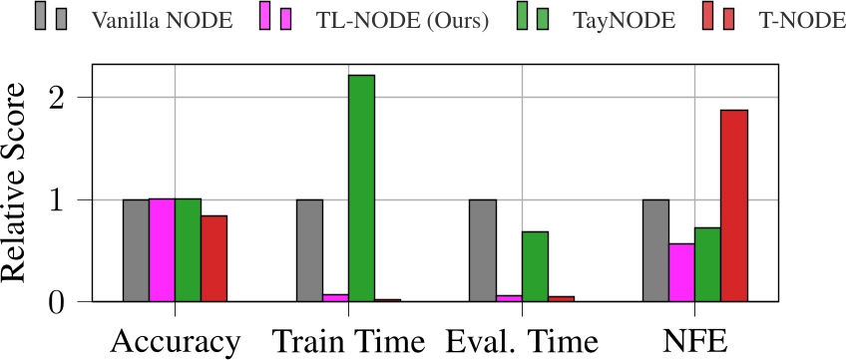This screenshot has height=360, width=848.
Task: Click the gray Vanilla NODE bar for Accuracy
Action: (136, 250)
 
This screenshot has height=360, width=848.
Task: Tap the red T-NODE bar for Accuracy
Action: (213, 258)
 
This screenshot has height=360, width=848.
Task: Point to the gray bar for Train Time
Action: (309, 250)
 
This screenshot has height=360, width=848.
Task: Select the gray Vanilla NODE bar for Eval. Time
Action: (483, 250)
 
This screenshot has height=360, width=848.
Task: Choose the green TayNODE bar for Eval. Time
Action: (535, 266)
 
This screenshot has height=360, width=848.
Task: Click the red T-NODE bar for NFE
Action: (734, 205)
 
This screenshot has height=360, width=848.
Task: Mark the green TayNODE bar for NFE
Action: (708, 264)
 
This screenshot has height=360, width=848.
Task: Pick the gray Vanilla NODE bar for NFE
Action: (655, 250)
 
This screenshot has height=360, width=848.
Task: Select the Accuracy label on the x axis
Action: (175, 341)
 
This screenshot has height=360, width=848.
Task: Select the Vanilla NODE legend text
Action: (161, 19)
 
